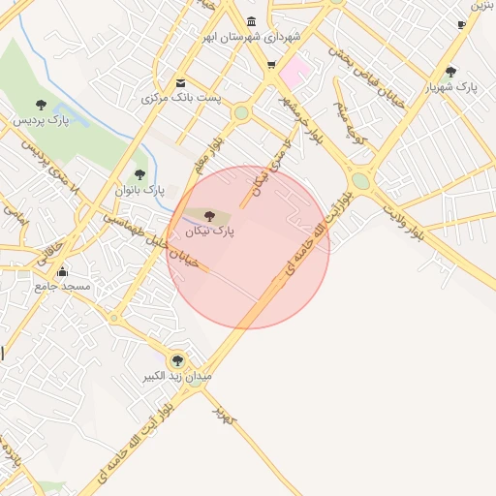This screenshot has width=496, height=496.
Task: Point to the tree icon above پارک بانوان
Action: click(x=140, y=174)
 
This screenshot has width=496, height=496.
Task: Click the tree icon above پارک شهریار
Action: click(x=451, y=71)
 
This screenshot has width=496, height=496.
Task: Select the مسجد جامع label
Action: click(x=63, y=288)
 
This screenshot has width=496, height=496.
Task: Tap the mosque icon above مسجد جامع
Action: click(x=63, y=271)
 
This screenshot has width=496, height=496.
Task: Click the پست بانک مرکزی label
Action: click(x=182, y=99)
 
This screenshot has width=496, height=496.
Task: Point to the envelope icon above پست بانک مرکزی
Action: click(x=181, y=82)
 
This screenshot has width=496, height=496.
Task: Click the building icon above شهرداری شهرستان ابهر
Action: click(x=252, y=21)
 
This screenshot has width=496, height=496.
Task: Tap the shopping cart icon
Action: click(x=271, y=66)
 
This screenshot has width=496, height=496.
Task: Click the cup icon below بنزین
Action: click(x=460, y=24)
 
